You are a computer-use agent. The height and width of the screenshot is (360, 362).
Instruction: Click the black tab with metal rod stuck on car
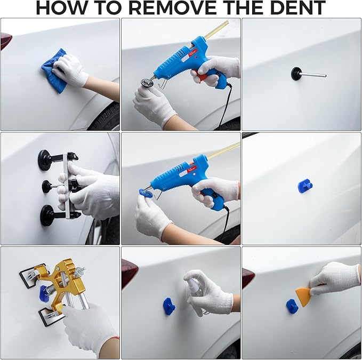[296, 74]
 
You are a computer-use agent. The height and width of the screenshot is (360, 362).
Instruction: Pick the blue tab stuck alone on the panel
[305, 186]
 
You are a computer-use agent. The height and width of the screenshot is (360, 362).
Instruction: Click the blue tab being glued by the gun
[145, 192]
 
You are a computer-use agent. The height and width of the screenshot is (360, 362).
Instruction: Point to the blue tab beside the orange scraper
[292, 306]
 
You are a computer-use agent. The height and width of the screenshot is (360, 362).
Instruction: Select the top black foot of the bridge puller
[45, 160]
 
